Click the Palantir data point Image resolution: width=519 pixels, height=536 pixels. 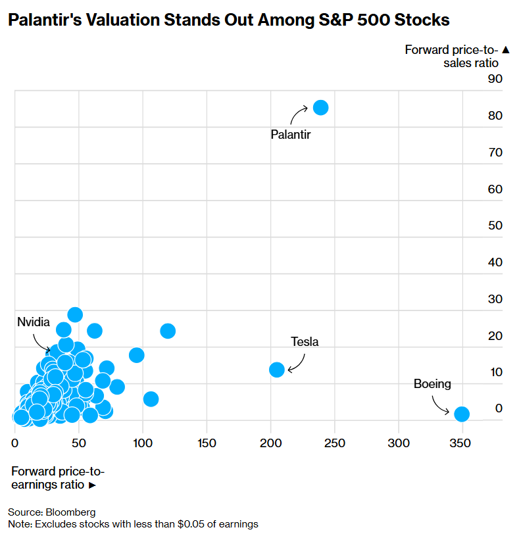(320, 107)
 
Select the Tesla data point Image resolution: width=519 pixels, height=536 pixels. (277, 370)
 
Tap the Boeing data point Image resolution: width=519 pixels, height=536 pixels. (462, 414)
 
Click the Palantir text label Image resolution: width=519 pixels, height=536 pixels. (290, 134)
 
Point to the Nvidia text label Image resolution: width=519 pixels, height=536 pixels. (34, 322)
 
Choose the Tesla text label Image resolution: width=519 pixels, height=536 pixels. (305, 341)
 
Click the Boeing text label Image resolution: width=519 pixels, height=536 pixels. (432, 384)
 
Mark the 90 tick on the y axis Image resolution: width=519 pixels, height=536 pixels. (495, 79)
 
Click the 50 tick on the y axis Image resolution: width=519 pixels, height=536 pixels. (495, 226)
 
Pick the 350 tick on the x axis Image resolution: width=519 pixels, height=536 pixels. (460, 444)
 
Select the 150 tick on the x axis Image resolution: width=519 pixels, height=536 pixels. (207, 444)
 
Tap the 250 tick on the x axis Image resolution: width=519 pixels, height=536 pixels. (335, 444)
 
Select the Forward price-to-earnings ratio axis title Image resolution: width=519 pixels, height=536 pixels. (57, 478)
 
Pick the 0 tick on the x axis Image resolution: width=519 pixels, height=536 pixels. (15, 444)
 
